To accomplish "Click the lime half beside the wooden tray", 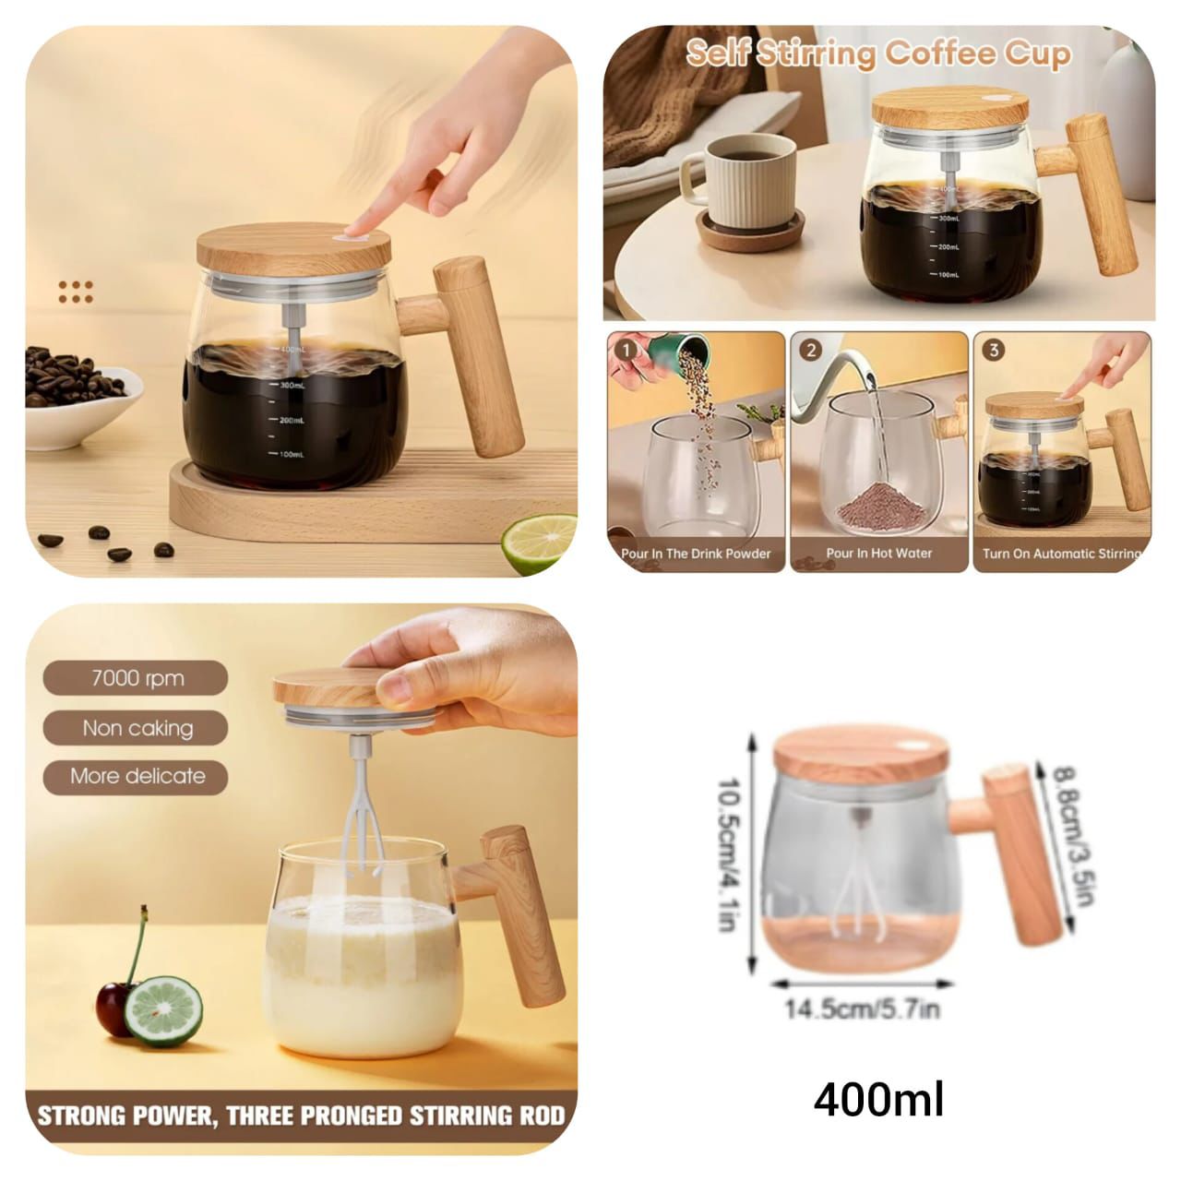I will [539, 544].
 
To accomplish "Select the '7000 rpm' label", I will [137, 678].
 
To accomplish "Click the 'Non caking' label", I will [137, 728].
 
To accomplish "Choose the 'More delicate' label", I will [137, 776].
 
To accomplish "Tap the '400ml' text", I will [878, 1100].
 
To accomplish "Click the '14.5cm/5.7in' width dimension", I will [862, 1008].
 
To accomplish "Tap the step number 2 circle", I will [811, 351].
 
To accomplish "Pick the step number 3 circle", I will [994, 351].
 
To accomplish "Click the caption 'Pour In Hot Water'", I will [878, 554].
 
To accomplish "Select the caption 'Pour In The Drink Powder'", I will [696, 554].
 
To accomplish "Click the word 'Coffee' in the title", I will [938, 54].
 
